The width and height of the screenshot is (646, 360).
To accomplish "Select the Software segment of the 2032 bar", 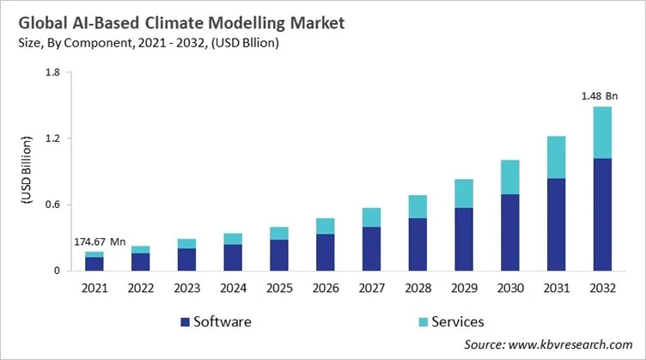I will point(603,214).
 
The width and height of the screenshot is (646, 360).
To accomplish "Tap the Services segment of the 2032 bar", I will point(603,132).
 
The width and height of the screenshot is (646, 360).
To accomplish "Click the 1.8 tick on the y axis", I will point(51,73).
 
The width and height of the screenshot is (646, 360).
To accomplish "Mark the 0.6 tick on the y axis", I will point(51,204).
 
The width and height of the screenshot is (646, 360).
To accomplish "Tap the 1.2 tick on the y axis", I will point(51,138).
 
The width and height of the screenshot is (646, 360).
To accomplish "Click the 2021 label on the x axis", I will point(94,289).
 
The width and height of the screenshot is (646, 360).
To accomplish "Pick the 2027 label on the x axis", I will point(371,289).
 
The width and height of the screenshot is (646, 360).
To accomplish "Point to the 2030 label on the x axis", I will point(510,289).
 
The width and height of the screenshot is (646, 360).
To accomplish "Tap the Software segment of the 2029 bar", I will point(464,239).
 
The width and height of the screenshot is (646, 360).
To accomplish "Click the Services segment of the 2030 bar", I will point(510,177).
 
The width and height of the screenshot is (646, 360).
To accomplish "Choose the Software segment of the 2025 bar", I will point(279,254).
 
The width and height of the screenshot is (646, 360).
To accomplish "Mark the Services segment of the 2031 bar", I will point(557,156).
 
